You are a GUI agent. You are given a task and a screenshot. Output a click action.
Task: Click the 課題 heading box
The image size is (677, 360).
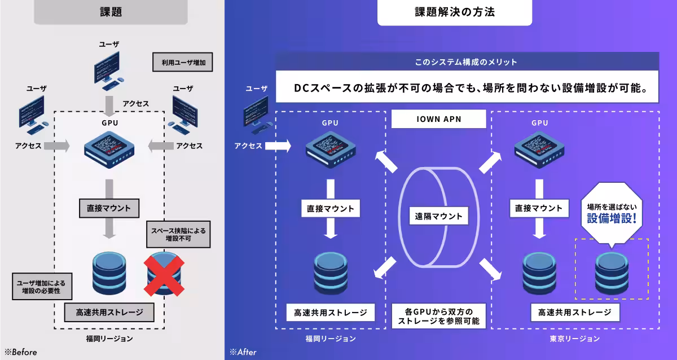[111, 11]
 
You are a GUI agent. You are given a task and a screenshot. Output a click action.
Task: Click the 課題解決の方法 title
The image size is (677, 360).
[454, 12]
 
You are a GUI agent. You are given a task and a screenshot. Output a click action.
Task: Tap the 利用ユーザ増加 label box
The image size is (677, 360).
[182, 62]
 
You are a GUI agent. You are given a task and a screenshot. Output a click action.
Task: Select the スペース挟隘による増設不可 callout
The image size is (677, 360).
[178, 234]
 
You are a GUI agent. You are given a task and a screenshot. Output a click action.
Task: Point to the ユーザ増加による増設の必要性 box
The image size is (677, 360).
[41, 286]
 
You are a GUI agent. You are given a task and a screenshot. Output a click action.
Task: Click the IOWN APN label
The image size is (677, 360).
[438, 120]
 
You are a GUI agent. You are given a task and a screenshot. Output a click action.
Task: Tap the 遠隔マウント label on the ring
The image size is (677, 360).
[438, 216]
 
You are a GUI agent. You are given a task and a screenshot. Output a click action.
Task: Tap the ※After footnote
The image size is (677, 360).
[243, 352]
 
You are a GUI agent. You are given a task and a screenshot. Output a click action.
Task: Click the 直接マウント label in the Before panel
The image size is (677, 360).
[109, 208]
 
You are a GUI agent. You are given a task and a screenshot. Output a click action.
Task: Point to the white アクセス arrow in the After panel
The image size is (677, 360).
[277, 146]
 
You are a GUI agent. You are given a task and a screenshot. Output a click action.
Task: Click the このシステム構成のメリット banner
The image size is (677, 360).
[467, 61]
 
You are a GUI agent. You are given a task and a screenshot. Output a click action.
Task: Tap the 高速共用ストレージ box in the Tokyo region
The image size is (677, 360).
[575, 312]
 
